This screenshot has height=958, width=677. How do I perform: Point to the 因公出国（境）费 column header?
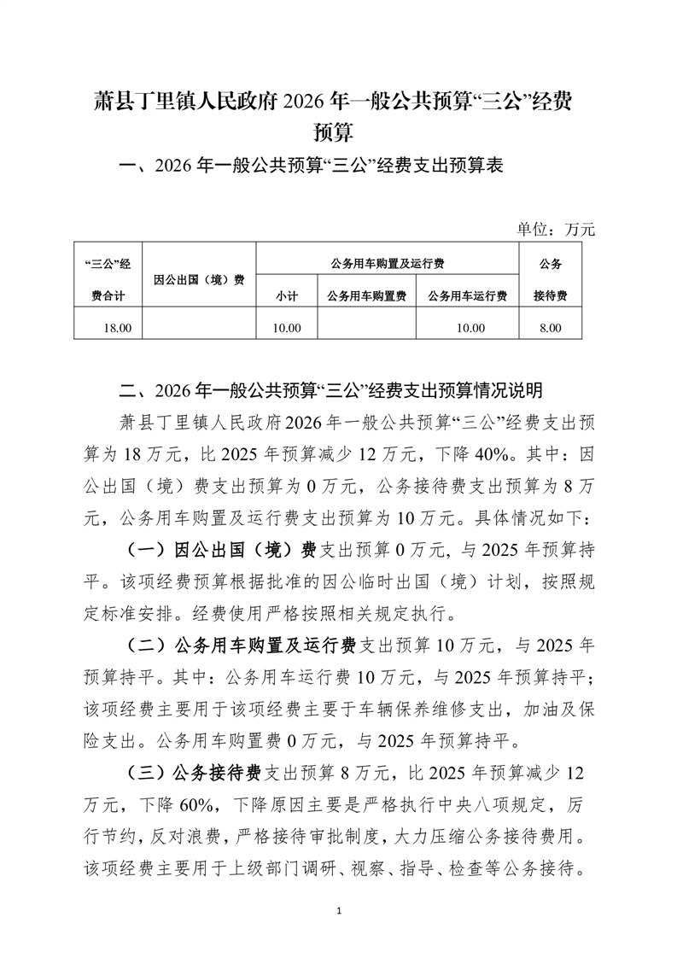pyautogui.click(x=200, y=279)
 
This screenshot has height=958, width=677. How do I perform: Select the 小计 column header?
pyautogui.click(x=286, y=296)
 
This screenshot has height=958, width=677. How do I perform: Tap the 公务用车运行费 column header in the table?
pyautogui.click(x=468, y=296)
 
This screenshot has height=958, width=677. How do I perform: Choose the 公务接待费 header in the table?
pyautogui.click(x=551, y=279)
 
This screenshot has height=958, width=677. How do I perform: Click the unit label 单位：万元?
pyautogui.click(x=555, y=229)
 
